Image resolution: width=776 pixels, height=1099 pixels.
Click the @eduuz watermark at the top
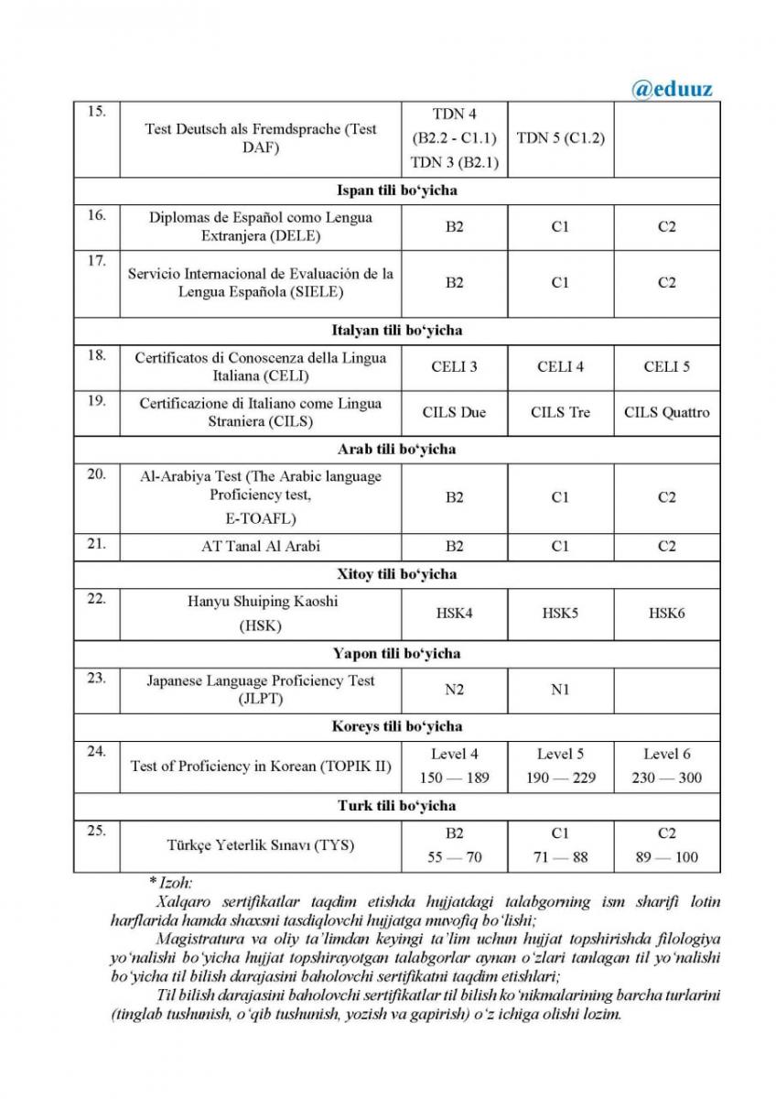click(672, 89)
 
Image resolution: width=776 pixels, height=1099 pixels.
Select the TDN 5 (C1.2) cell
click(560, 138)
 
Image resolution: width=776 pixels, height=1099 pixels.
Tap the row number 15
click(96, 112)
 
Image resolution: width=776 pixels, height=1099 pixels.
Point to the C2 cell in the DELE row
click(666, 226)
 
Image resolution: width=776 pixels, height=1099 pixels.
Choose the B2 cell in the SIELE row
click(455, 283)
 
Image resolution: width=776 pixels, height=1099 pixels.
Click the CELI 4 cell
click(560, 367)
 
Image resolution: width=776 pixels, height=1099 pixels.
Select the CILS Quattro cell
click(666, 412)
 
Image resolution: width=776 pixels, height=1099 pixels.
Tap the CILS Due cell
click(455, 412)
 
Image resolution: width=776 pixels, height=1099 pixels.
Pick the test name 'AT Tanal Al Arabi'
click(261, 546)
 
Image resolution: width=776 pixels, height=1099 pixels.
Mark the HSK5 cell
click(560, 613)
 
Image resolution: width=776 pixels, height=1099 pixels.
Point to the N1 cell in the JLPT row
click(560, 690)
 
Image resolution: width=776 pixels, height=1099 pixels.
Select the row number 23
click(96, 680)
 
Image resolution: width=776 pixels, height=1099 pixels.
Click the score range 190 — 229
click(560, 778)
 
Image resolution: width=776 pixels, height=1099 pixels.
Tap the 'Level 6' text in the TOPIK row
click(666, 755)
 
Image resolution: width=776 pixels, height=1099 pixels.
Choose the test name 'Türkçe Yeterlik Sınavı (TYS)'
click(261, 844)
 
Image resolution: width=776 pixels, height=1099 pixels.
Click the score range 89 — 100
click(666, 857)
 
